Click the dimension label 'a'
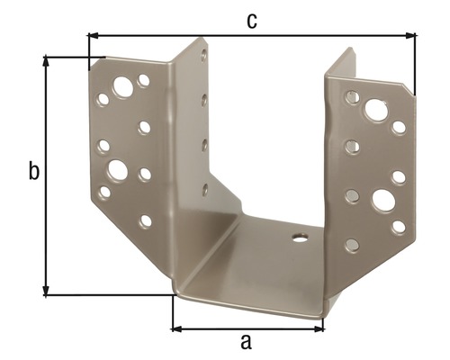click(245, 341)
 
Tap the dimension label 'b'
click(33, 172)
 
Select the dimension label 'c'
click(252, 21)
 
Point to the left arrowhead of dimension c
click(93, 36)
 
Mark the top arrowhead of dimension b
click(46, 60)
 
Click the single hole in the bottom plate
click(299, 238)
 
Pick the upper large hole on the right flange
click(375, 110)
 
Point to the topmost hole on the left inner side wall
click(204, 56)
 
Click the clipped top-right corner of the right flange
click(410, 90)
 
